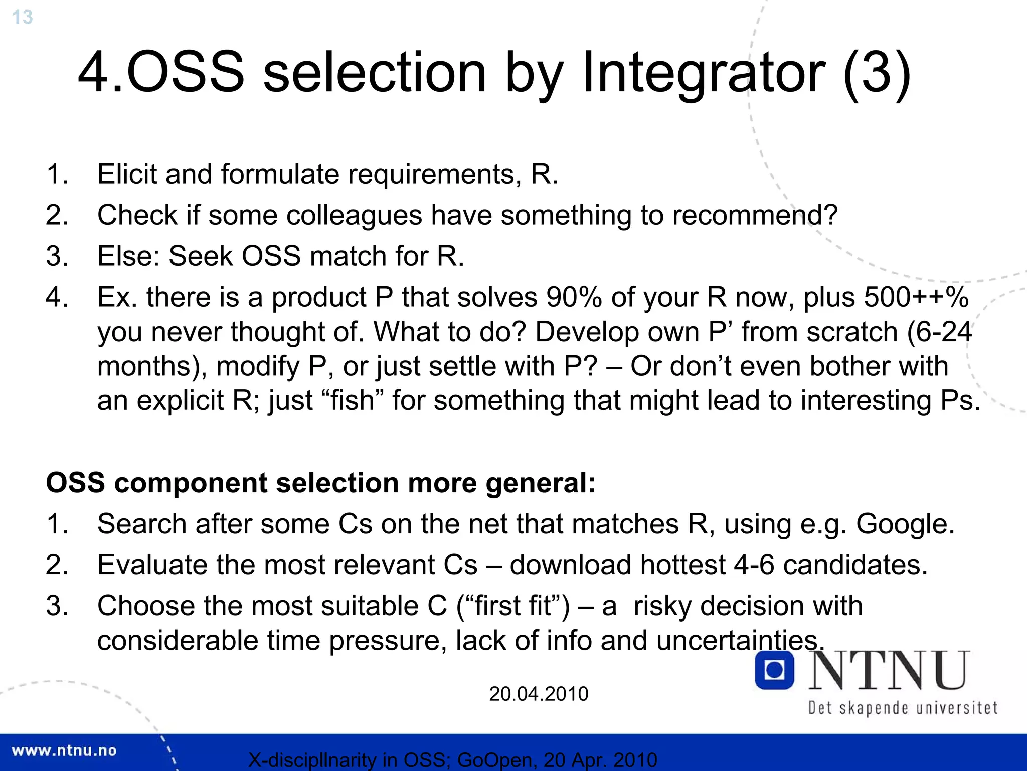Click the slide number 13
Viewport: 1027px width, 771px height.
(22, 17)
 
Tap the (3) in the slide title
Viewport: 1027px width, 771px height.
(877, 73)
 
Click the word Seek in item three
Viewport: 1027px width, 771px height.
(201, 256)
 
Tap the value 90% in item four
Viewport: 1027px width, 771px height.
(574, 297)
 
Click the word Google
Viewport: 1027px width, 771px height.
(904, 524)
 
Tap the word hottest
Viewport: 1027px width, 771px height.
(682, 565)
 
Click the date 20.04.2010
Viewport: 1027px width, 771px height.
(539, 694)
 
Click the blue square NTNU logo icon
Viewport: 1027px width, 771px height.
(774, 670)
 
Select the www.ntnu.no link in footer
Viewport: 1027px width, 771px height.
(64, 751)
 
